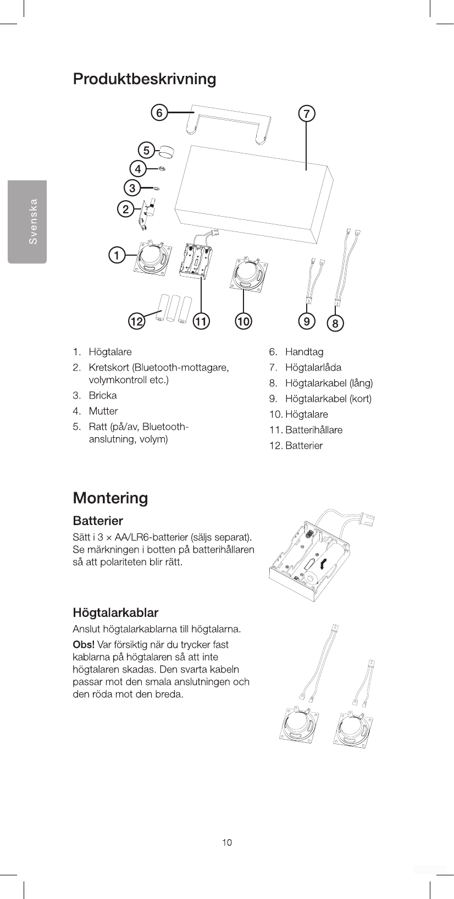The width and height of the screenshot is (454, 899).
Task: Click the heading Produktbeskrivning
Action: point(145,79)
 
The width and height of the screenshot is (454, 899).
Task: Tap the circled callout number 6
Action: point(159,113)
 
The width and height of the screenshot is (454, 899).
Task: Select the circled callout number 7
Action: point(306,114)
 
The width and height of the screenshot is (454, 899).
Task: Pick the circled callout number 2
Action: point(126,209)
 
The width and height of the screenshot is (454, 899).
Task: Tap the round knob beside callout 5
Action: point(165,151)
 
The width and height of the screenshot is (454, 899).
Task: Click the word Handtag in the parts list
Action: point(304,352)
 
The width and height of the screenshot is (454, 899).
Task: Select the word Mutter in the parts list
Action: point(103,411)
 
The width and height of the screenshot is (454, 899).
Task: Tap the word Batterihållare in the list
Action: point(313,430)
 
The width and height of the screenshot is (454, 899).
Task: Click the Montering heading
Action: point(110,498)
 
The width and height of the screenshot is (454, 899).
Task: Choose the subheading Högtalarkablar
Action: point(115,613)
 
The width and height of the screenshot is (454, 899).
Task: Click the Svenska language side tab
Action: point(27,222)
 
